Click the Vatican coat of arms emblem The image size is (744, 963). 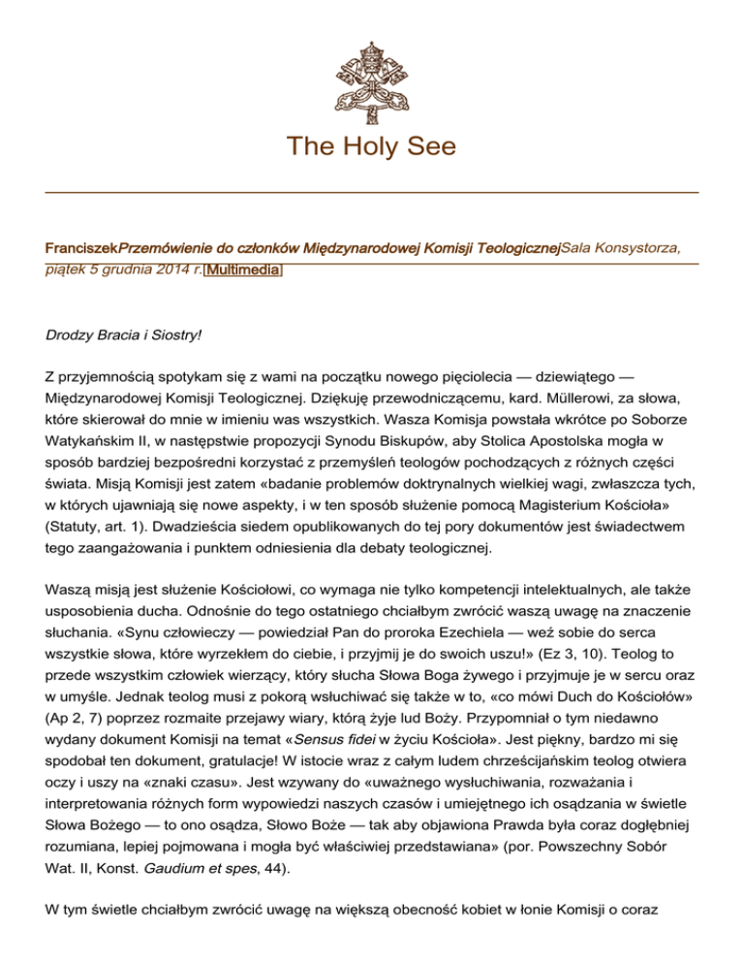(x=372, y=69)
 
